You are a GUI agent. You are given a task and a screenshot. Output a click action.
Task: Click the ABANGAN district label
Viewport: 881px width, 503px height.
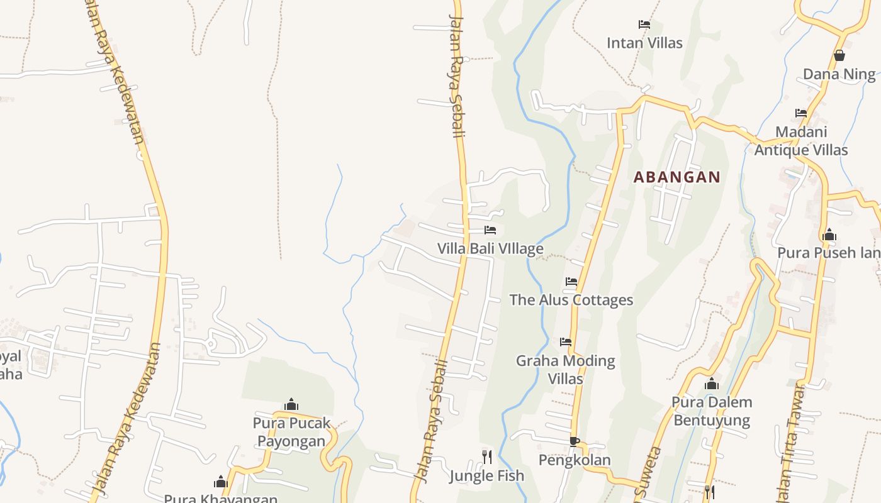[x=676, y=177]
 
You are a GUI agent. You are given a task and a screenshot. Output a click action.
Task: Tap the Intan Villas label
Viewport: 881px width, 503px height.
[x=644, y=43]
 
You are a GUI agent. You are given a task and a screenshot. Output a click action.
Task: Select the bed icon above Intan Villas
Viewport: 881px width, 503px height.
[x=644, y=25]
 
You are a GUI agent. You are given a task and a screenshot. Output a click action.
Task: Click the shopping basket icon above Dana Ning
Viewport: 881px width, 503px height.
[x=839, y=55]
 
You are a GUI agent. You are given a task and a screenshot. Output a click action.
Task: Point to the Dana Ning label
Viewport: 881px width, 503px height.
[x=839, y=74]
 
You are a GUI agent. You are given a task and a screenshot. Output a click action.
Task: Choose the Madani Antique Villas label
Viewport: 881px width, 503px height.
[x=801, y=141]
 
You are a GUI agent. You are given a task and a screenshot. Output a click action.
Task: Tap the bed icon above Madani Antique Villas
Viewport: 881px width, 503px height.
[x=801, y=113]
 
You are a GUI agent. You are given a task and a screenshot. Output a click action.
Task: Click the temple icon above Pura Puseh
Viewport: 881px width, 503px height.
[x=829, y=235]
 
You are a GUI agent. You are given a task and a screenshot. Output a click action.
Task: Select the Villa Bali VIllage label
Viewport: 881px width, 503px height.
[x=490, y=248]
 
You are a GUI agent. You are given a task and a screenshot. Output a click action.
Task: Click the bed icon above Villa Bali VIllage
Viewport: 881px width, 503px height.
[x=490, y=230]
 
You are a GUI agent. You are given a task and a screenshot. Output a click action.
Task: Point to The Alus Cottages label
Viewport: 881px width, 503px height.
[x=571, y=300]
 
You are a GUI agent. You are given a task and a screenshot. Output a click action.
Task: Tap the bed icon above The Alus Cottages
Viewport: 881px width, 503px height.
[x=571, y=282]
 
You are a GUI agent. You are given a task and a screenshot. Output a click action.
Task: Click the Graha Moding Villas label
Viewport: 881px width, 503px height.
[x=566, y=370]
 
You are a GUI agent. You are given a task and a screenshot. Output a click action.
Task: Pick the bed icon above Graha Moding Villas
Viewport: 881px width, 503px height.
[x=566, y=342]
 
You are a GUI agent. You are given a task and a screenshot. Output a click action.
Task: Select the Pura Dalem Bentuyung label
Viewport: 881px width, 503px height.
[x=712, y=411]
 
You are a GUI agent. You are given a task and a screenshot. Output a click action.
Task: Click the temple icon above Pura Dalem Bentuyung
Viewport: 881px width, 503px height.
[x=712, y=384]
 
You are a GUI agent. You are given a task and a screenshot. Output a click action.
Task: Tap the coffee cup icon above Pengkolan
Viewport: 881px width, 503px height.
[x=574, y=441]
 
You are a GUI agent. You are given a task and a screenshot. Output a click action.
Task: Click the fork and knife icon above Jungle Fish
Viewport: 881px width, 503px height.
[x=486, y=456]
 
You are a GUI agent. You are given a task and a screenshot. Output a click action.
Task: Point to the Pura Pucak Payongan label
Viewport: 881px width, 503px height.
[x=291, y=431]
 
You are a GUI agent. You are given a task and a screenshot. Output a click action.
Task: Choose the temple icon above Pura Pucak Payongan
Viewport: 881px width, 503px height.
[x=291, y=404]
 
